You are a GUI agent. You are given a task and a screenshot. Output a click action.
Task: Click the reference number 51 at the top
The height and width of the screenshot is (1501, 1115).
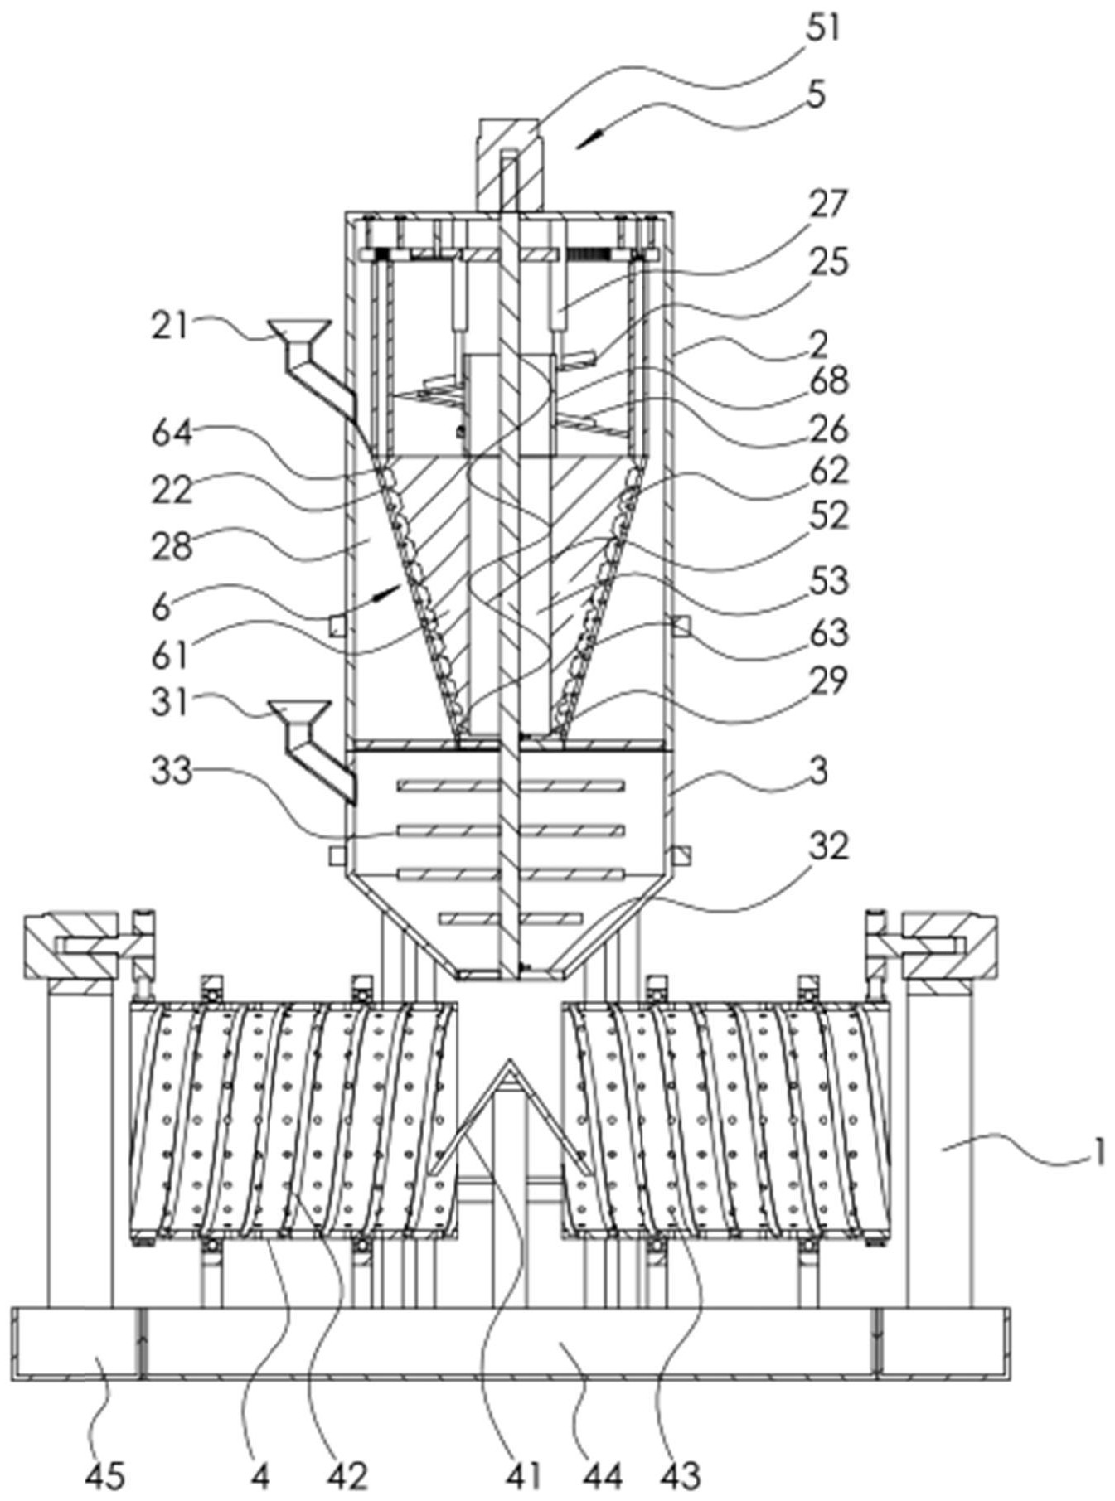click(820, 29)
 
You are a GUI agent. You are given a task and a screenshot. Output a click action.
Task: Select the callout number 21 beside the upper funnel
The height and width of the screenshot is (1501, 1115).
click(170, 327)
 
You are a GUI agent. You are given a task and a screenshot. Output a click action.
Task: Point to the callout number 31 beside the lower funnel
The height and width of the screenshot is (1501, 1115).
click(170, 704)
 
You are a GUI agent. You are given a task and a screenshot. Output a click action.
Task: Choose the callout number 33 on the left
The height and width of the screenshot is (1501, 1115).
click(172, 772)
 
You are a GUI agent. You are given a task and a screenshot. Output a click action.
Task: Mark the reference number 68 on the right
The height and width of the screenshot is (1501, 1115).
click(827, 380)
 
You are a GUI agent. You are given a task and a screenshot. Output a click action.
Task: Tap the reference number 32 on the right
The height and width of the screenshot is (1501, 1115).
click(828, 846)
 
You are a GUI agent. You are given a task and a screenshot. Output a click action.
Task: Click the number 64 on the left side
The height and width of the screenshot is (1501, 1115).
click(172, 433)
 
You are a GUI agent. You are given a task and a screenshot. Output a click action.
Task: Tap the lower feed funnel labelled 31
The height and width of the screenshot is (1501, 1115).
click(298, 710)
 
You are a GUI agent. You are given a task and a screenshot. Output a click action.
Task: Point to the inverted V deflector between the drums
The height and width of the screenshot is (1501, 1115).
click(511, 1115)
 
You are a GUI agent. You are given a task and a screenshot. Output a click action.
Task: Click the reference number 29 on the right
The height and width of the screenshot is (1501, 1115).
click(828, 680)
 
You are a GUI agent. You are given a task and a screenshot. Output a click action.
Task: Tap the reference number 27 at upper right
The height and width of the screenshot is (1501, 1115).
click(828, 204)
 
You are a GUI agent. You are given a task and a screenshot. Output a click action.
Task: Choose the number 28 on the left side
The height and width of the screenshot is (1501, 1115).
click(172, 545)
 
